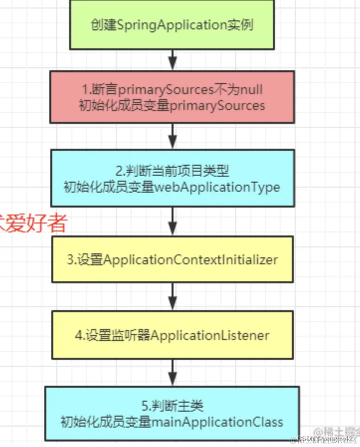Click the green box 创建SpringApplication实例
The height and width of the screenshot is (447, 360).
172,25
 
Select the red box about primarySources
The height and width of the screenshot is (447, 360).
172,97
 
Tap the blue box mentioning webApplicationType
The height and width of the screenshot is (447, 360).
172,178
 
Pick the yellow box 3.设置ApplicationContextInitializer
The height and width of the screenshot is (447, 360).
172,260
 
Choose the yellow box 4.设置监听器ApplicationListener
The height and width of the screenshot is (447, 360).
172,335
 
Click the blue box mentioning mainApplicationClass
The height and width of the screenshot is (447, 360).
172,414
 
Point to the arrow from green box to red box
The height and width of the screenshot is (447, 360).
172,60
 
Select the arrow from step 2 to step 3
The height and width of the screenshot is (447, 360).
172,221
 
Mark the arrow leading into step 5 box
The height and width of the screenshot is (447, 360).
172,372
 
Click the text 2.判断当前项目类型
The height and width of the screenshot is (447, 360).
172,171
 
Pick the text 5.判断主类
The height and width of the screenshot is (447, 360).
172,406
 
